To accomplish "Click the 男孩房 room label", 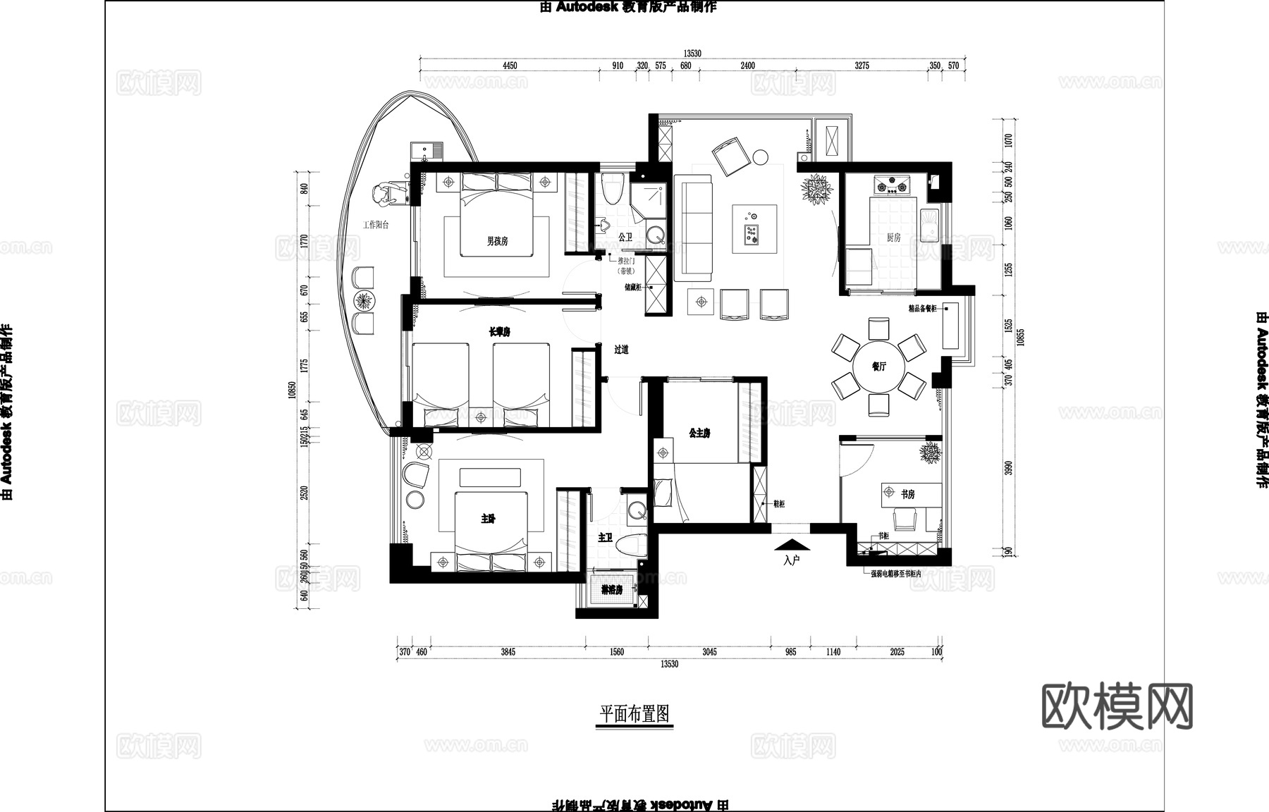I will tap(497, 241).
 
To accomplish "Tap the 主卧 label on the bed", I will tap(488, 519).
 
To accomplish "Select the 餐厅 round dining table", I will tap(878, 367).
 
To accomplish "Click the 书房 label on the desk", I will tap(907, 495).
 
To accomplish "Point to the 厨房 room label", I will tap(893, 238).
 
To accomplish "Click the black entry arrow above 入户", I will tap(792, 545).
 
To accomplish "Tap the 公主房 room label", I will tap(699, 433).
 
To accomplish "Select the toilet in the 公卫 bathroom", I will tap(613, 187).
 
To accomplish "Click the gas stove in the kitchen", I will tap(893, 186).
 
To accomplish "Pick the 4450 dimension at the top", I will tap(509, 66).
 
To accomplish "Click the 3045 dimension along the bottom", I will tap(709, 652).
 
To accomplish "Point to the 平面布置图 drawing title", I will tap(634, 714).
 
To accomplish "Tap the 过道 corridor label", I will tap(621, 350).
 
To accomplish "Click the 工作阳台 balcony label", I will tap(376, 226).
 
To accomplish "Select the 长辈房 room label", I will tap(499, 332).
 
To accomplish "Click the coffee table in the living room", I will tap(754, 228).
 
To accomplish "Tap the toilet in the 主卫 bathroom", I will tap(631, 545).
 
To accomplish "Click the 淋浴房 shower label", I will tap(611, 589).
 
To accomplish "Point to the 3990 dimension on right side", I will tap(1007, 468).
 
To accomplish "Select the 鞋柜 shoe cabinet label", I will tap(779, 504).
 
